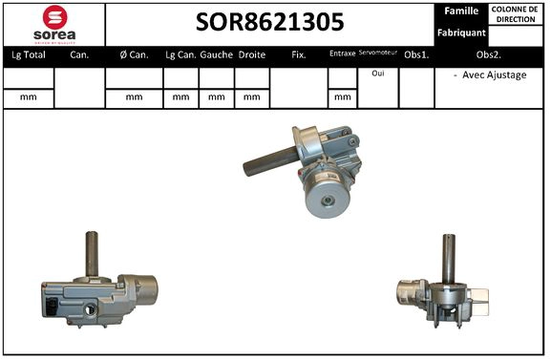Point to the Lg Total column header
point(29,55)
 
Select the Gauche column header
point(217,55)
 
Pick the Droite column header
point(251,55)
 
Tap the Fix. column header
point(298,55)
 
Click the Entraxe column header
point(341,55)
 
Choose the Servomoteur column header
point(378,54)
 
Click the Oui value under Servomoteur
point(378,74)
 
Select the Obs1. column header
point(416,55)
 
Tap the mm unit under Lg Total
point(29,96)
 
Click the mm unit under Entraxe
point(341,96)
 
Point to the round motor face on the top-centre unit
point(330,201)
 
